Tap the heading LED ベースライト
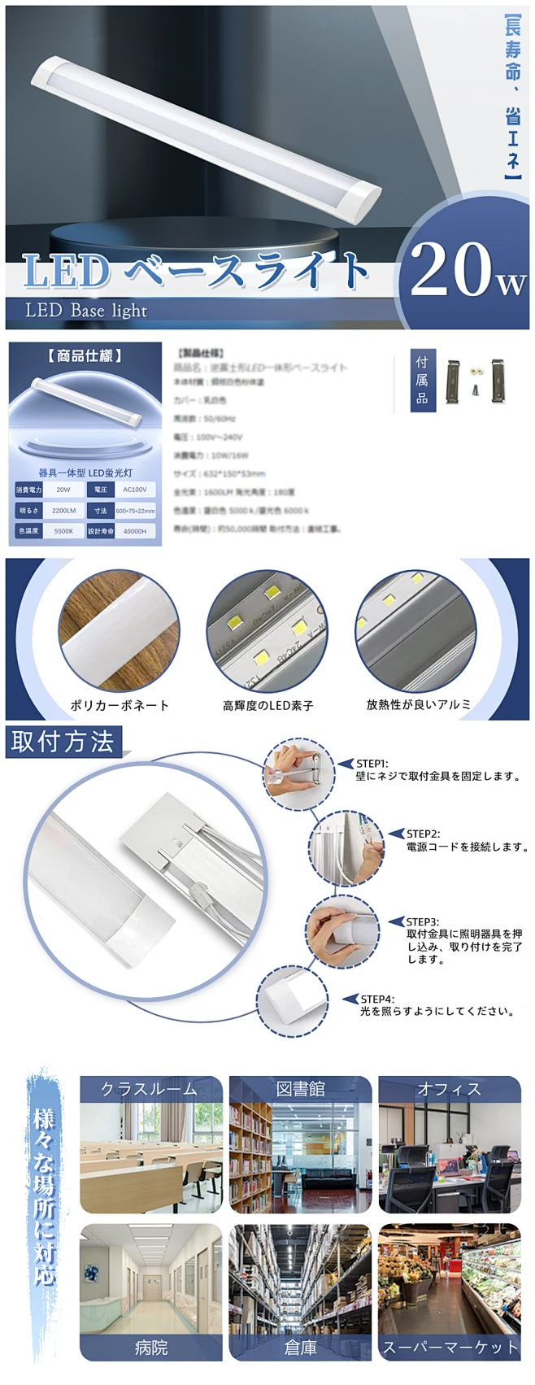pos(196,271)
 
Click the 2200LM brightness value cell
pos(63,511)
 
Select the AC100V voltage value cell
pos(134,490)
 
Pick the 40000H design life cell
pos(134,531)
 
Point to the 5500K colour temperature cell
pos(63,531)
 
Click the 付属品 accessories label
pos(421,380)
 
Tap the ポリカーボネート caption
pos(120,705)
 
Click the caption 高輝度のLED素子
pos(267,705)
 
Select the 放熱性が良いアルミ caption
pos(418,704)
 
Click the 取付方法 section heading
pos(63,742)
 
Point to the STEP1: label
pos(372,764)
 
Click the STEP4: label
pos(377,999)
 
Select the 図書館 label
pos(300,1089)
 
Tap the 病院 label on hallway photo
pos(151,1348)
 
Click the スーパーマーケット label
pos(450,1348)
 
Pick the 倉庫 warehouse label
pos(300,1348)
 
